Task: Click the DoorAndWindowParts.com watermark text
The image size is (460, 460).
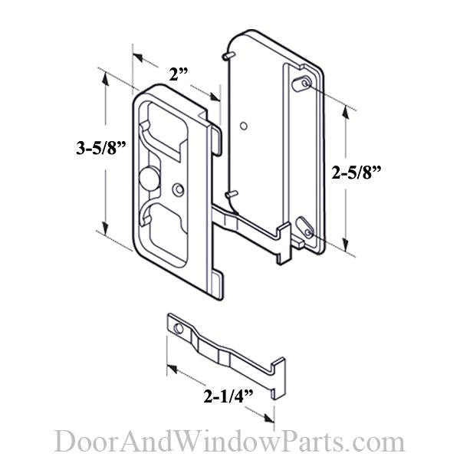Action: click(x=229, y=442)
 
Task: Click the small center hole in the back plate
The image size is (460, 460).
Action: click(x=243, y=125)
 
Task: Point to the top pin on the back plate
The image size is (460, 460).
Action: click(x=223, y=56)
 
